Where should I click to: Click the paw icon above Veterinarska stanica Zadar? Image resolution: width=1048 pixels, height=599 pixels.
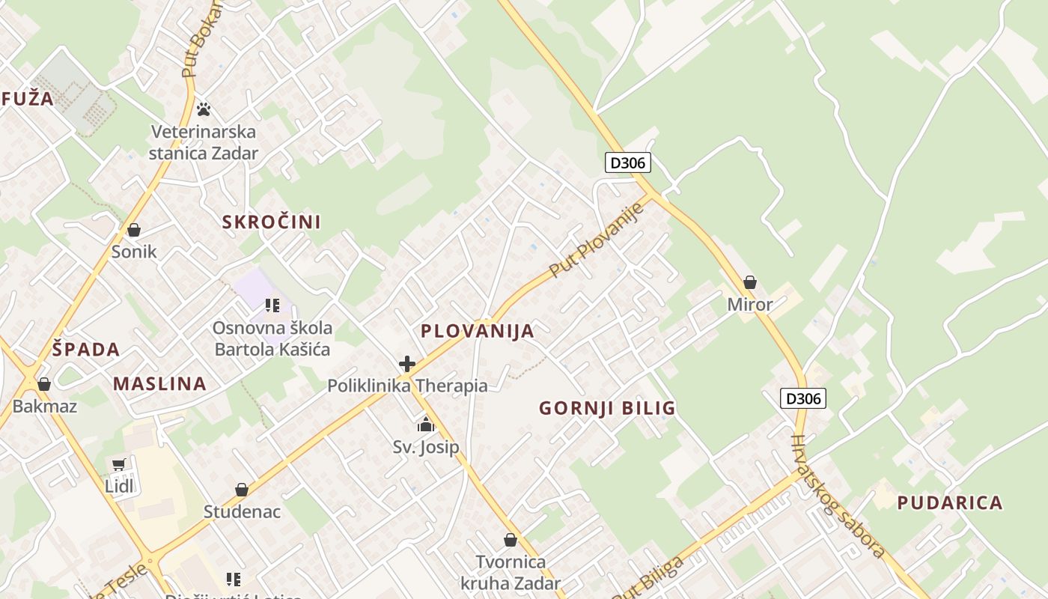pos(204,109)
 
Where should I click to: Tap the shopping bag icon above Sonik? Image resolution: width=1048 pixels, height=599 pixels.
pos(134,230)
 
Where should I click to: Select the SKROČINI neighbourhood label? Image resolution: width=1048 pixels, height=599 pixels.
pos(271,222)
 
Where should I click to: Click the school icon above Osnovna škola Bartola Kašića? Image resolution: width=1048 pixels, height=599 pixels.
pos(272,305)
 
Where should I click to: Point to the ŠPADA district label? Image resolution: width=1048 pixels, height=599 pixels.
pos(86,349)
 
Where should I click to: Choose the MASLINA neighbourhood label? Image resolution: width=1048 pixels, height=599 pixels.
pos(159,383)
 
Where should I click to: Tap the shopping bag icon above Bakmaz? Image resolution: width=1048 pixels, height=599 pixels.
pos(44,384)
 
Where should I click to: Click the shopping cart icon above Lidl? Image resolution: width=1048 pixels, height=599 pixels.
pos(118,465)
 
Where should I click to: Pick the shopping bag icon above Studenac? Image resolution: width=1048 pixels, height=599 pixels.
pos(241,490)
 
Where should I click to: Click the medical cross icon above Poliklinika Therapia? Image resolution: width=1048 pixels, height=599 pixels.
pos(407,364)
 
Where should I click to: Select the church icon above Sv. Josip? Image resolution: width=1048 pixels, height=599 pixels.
pos(426,425)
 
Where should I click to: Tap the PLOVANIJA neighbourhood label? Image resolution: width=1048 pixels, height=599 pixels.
pos(478,331)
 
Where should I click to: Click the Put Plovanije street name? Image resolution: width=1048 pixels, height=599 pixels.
pos(597,240)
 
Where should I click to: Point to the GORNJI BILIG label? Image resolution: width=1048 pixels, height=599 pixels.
pos(607,408)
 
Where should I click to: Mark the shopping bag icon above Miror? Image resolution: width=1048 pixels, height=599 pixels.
pos(750,282)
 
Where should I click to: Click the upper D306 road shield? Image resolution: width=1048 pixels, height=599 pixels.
pos(627,162)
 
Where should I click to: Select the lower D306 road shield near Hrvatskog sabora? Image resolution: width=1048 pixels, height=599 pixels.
pos(803,398)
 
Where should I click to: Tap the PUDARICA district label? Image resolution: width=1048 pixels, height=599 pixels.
pos(950,502)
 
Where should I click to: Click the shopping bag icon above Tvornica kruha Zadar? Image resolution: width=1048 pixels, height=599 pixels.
pos(511,540)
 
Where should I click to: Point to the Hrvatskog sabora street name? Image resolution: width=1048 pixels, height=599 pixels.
pos(838,496)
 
